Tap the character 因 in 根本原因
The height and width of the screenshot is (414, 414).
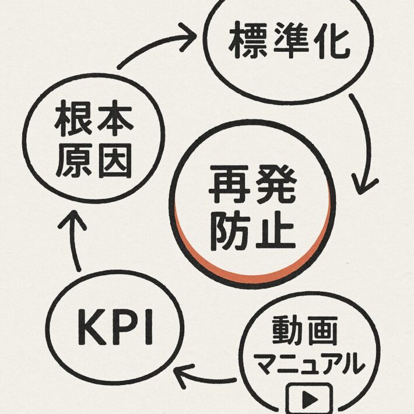click(113, 159)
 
